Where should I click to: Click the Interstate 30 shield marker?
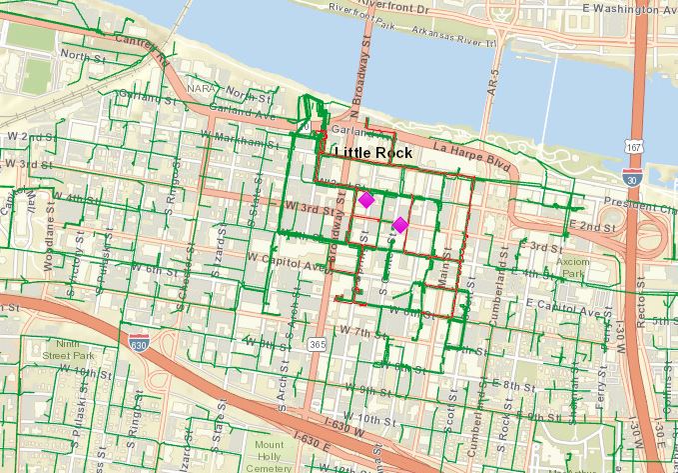pos(631,177)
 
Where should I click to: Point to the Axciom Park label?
pos(573,266)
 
